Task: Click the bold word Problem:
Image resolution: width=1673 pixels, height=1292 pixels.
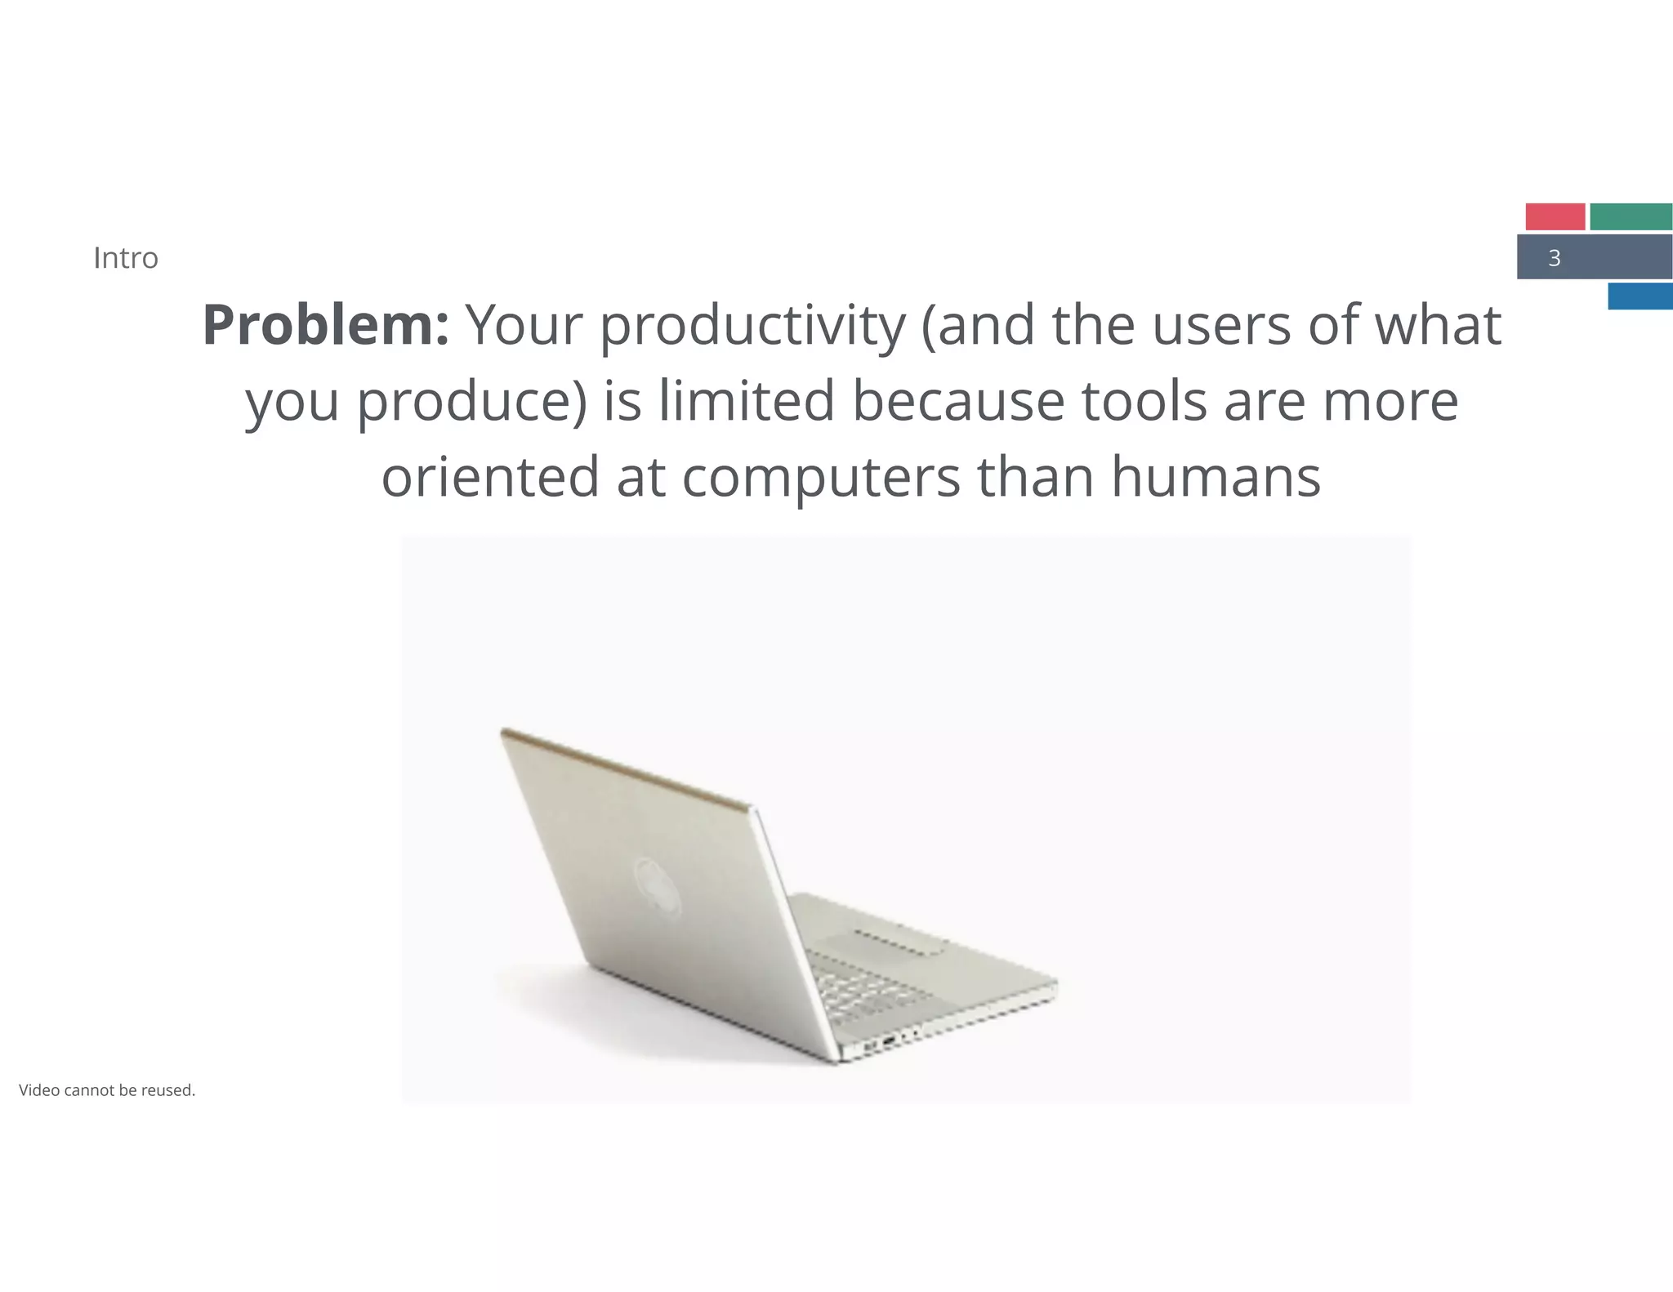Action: click(325, 325)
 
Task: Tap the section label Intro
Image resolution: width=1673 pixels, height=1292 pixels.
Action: click(126, 258)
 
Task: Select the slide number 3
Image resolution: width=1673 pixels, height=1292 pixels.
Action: click(1554, 258)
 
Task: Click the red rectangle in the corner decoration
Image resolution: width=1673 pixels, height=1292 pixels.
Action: click(1555, 216)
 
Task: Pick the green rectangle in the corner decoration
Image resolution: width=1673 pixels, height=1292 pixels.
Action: click(1631, 216)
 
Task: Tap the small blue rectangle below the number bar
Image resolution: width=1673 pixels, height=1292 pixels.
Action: click(1640, 296)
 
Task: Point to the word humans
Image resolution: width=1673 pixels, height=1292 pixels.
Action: click(1216, 477)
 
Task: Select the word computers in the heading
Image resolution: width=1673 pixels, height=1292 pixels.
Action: click(821, 479)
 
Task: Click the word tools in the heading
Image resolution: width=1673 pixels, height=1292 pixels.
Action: click(1144, 401)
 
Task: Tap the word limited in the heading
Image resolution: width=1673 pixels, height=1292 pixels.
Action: click(747, 401)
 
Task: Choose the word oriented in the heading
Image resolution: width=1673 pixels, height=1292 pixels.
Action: click(490, 477)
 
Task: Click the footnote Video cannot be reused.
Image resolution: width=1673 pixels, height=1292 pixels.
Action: click(107, 1090)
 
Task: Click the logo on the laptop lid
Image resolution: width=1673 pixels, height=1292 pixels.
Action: click(658, 889)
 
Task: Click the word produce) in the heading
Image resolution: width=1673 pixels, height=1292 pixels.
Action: click(472, 403)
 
